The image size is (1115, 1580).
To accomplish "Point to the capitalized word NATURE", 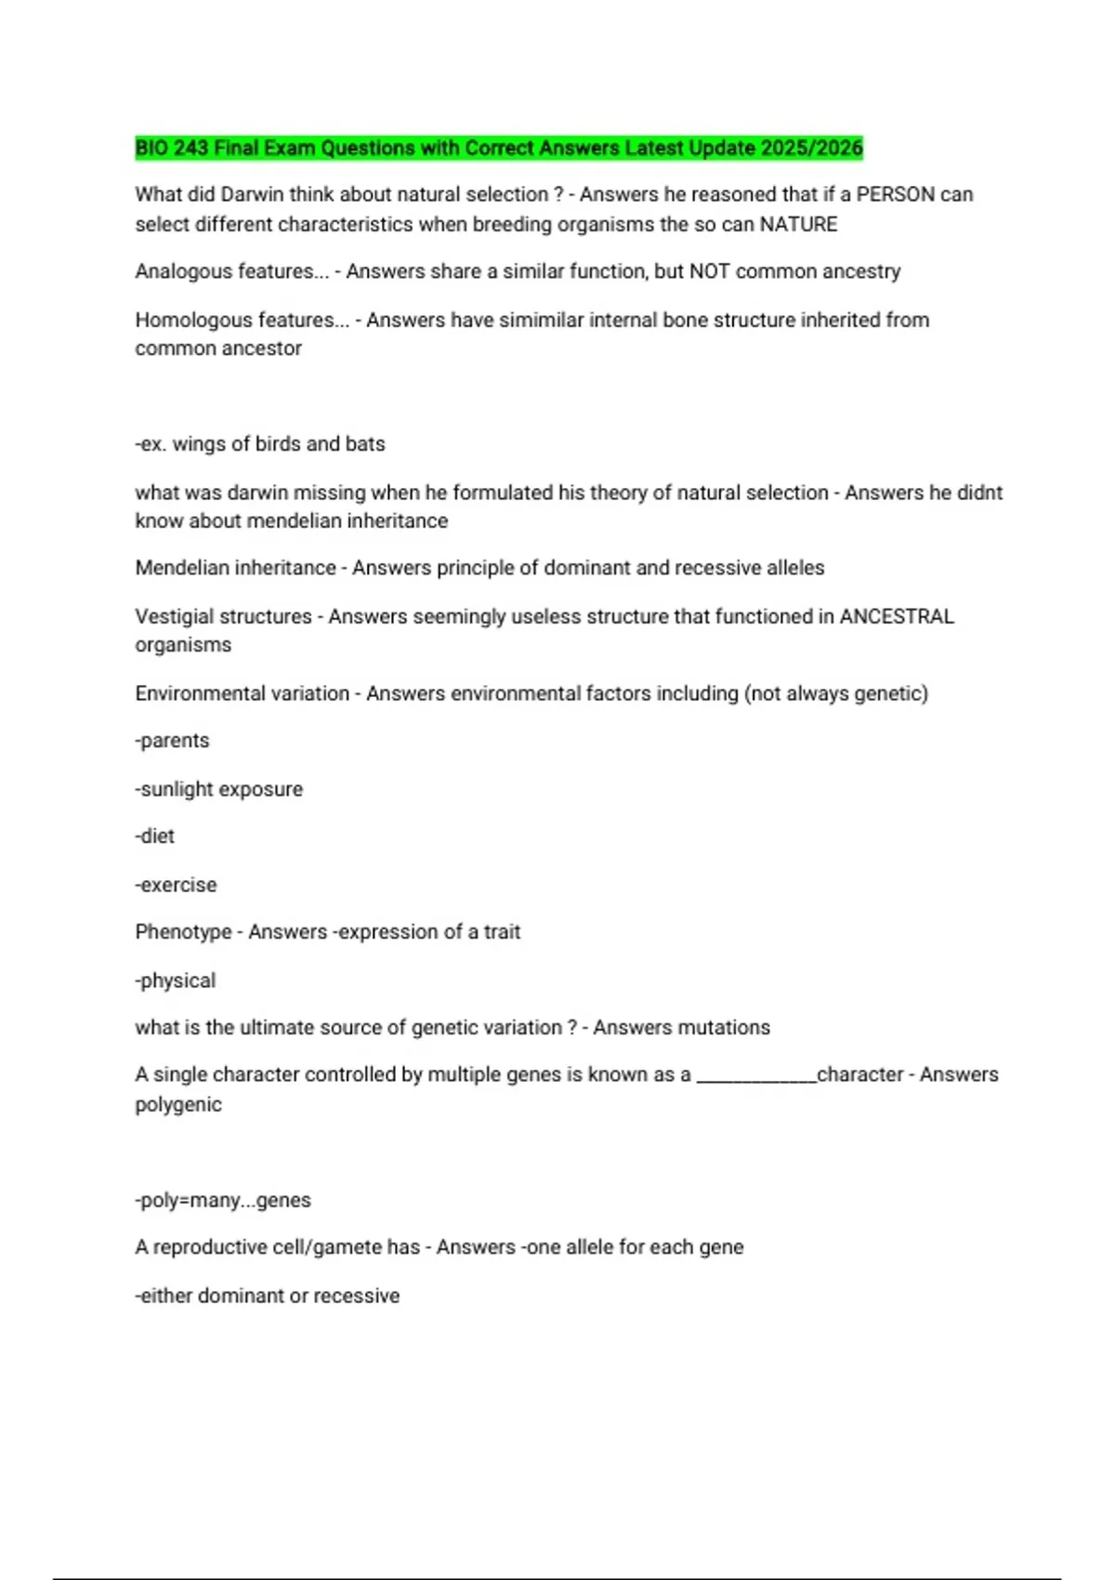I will tap(798, 224).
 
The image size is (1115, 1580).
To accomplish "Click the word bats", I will tap(365, 443).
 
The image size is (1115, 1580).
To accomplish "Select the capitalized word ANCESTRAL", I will tap(897, 616).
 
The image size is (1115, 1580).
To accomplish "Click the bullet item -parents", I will tap(173, 741).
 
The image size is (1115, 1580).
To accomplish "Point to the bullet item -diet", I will tap(155, 836).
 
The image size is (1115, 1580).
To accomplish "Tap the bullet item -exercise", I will tap(177, 885).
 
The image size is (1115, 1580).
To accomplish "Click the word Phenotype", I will tap(183, 931).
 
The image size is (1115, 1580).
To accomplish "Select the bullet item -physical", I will tap(176, 981).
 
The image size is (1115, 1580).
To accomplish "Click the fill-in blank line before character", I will tap(755, 1078).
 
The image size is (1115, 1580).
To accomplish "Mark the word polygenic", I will tap(178, 1104).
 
